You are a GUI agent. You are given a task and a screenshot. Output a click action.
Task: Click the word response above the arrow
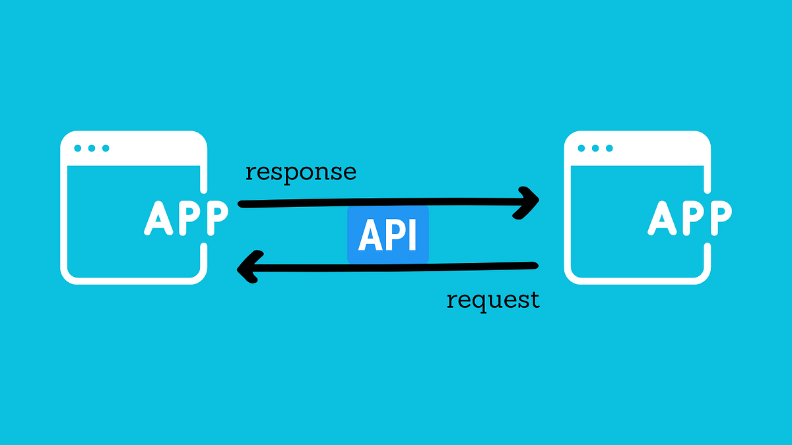coord(300,172)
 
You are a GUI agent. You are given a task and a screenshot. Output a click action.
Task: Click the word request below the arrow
coord(493,300)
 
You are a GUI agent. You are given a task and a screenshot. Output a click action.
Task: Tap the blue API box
coord(388,235)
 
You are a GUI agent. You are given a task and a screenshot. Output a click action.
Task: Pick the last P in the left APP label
coord(214,217)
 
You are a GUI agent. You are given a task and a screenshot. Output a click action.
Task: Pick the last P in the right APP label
coord(717,217)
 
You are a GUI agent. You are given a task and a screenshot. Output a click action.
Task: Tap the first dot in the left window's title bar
coord(78,148)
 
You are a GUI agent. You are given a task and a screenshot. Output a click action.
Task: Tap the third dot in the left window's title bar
coord(105,148)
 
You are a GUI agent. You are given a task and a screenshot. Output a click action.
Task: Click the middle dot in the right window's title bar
coord(595,148)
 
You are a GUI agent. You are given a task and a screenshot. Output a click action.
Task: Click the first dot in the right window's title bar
coord(581,148)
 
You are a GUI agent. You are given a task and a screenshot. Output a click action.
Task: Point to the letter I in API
coord(412,235)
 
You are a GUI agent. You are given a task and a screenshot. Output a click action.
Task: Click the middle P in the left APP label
coord(185,217)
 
